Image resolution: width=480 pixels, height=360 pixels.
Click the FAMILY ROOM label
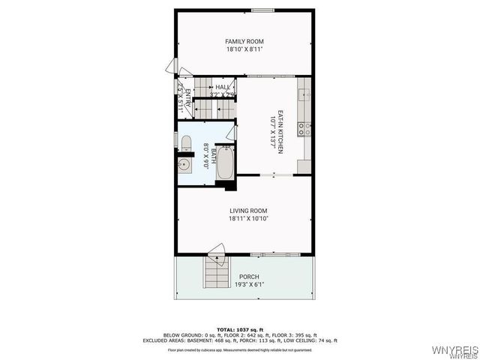245,41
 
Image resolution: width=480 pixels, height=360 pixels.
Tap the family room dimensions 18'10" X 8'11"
245,49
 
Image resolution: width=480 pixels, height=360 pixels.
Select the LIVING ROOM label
248,211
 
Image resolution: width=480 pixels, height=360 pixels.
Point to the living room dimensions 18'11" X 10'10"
248,220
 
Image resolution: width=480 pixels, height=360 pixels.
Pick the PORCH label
249,277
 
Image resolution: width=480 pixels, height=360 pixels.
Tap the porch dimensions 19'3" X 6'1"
249,285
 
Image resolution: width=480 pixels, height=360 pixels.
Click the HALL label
223,88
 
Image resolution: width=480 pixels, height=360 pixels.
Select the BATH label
214,156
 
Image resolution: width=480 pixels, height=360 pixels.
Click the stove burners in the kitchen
304,128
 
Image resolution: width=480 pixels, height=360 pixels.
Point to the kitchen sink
304,95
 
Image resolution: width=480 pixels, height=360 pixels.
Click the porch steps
215,271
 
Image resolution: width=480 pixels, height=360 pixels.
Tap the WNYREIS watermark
455,350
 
